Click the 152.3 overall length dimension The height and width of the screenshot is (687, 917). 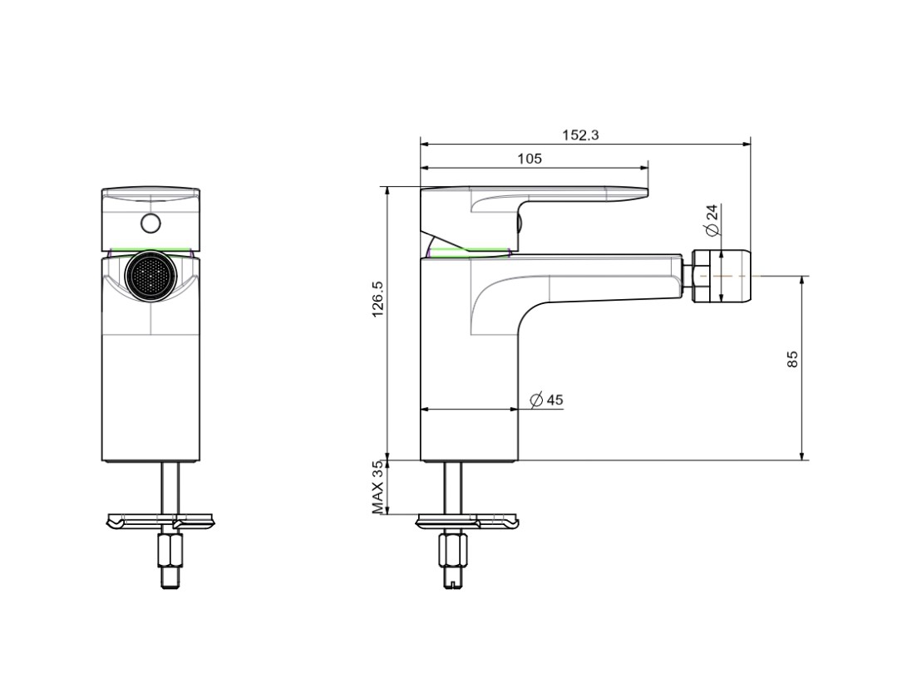(x=580, y=135)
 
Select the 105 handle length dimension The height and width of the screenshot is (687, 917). (x=530, y=159)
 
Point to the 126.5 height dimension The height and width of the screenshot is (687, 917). (x=377, y=299)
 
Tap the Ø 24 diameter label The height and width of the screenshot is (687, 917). (x=712, y=220)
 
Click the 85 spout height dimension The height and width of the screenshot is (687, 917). (x=792, y=359)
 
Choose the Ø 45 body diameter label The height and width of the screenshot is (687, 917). (x=546, y=400)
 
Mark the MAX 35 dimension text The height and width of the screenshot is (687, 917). (x=378, y=488)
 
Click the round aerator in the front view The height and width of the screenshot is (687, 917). (x=150, y=277)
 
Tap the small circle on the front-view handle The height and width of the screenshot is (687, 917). (x=150, y=223)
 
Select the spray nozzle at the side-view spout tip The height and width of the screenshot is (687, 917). (x=721, y=276)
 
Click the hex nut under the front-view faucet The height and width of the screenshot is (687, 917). (x=170, y=550)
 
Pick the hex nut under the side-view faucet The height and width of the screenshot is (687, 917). (x=453, y=549)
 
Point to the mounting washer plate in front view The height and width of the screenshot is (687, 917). (x=160, y=521)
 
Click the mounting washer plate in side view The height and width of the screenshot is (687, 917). (x=467, y=521)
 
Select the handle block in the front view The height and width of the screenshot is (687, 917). (x=150, y=219)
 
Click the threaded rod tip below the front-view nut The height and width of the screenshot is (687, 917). (x=170, y=578)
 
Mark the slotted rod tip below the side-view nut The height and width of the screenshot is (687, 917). (x=454, y=577)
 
